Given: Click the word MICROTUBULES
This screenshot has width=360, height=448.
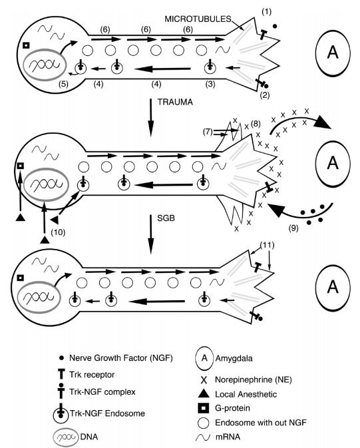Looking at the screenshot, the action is click(x=198, y=19).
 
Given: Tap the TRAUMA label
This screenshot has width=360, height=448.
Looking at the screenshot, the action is click(x=175, y=102).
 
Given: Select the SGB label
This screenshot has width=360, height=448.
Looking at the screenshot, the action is click(x=166, y=218).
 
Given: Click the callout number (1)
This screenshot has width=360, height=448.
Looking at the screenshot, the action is click(x=266, y=12).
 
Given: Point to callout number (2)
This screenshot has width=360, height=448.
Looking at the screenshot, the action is click(x=264, y=95).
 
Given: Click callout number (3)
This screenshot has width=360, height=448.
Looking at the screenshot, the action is click(x=210, y=85).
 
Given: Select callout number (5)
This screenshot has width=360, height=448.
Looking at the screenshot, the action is click(x=63, y=85).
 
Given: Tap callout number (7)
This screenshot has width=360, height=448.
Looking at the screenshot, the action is click(x=208, y=132).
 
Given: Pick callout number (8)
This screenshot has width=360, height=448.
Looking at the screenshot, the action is click(x=256, y=124).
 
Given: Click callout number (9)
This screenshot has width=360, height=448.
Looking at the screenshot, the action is click(x=293, y=228).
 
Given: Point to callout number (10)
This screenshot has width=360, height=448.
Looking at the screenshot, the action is click(x=58, y=232).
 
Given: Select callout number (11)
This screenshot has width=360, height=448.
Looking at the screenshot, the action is click(x=267, y=245).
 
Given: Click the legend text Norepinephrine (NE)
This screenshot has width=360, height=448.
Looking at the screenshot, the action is click(x=254, y=379).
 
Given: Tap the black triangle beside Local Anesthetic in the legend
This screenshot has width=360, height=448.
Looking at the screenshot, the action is click(x=204, y=394).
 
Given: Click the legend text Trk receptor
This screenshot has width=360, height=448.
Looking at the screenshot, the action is click(x=92, y=375).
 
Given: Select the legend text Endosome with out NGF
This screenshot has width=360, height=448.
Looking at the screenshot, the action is click(x=261, y=422).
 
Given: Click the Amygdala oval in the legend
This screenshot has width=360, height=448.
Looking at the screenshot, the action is click(x=204, y=358).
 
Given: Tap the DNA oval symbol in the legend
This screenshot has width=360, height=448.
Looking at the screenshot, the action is click(x=66, y=437).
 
